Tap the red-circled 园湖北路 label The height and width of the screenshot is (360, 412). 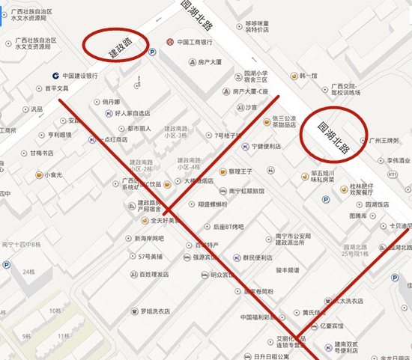[x=333, y=138]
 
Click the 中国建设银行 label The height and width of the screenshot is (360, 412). [x=80, y=76]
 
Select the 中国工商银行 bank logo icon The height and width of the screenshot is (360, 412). [x=170, y=40]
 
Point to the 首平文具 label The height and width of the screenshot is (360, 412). [x=57, y=88]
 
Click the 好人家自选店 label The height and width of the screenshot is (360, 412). [x=132, y=114]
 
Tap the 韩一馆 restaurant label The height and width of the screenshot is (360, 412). [x=309, y=76]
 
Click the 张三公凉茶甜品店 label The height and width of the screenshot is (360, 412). [x=288, y=121]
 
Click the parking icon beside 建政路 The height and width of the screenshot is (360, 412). [x=153, y=52]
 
